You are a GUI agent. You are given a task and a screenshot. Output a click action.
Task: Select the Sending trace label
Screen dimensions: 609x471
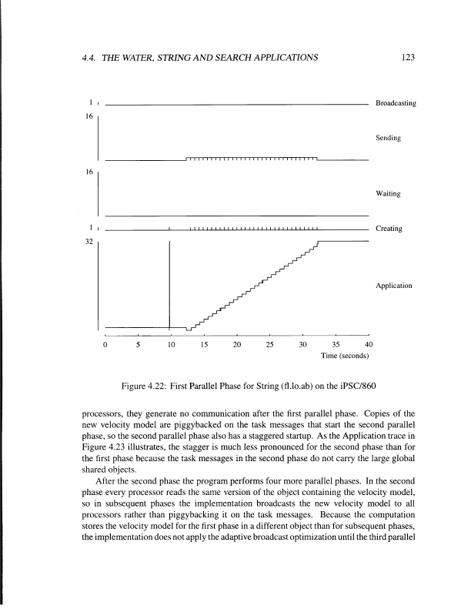coord(387,138)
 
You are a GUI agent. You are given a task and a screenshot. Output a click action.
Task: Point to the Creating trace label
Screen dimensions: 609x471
coord(388,229)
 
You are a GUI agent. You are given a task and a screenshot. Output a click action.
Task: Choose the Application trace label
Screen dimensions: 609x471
coord(394,286)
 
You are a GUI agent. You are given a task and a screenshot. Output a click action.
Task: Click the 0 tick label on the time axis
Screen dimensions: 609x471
coord(105,344)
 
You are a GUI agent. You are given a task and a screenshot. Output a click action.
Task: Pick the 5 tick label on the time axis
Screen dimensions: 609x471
coord(138,344)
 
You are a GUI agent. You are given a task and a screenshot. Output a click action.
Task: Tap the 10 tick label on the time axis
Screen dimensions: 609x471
coord(171,344)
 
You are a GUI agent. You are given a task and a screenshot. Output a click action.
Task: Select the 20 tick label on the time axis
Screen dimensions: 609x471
coord(237,344)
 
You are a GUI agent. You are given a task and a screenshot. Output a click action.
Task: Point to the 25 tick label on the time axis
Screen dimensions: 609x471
coord(270,344)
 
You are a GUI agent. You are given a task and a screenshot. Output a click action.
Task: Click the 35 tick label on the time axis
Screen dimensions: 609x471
coord(336,344)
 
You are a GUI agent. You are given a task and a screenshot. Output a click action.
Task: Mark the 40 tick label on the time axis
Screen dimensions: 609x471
coord(369,344)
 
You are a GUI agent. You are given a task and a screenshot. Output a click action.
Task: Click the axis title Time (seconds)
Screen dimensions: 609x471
coord(345,356)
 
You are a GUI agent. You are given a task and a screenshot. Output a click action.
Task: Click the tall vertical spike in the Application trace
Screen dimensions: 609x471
coord(169,285)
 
